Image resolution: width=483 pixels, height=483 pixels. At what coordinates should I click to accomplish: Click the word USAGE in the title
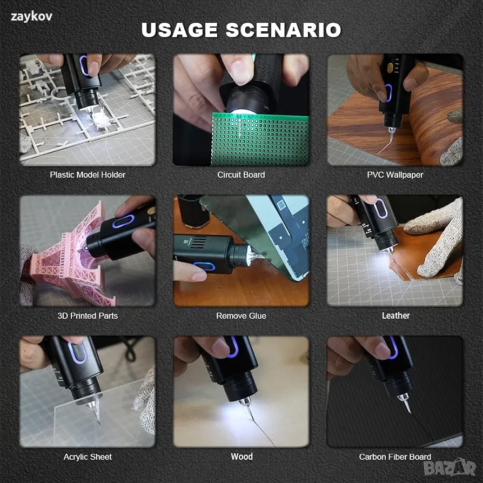[179, 30]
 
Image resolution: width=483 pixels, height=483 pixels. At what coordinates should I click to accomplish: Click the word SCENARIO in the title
[284, 30]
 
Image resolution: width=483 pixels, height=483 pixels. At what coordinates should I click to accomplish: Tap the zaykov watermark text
[31, 17]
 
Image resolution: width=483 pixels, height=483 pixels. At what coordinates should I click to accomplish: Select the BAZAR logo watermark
[450, 467]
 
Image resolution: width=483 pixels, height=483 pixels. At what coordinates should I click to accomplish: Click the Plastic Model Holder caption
[88, 175]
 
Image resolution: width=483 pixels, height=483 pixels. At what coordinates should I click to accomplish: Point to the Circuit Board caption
[241, 175]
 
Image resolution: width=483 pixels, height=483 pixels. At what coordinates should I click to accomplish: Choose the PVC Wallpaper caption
[395, 175]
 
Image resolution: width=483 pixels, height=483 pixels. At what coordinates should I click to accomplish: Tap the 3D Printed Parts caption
[88, 316]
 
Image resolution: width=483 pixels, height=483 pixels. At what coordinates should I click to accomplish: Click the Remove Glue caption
[241, 316]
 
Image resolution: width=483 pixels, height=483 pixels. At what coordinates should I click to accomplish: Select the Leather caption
[396, 316]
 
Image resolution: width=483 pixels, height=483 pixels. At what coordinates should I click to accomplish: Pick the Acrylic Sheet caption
[88, 457]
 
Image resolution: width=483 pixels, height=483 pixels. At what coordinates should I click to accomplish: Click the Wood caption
[242, 457]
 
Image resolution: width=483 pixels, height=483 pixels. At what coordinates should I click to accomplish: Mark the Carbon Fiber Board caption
[395, 457]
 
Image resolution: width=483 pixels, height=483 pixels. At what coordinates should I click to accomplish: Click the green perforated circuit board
[260, 139]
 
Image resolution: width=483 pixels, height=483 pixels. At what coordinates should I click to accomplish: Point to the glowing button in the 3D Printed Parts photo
[123, 222]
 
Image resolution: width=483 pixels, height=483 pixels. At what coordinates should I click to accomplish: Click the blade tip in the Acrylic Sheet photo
[99, 423]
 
